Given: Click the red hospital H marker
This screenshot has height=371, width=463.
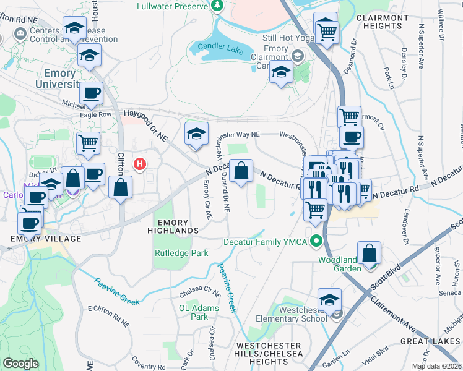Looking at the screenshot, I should click(x=141, y=164).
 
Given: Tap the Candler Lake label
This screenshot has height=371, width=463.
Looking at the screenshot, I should click(x=220, y=48).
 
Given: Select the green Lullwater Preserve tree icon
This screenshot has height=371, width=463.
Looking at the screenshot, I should click(x=217, y=6).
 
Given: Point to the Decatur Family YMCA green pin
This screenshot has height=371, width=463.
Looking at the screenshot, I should click(x=317, y=241).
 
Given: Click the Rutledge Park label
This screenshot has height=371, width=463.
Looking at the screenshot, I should click(x=181, y=253).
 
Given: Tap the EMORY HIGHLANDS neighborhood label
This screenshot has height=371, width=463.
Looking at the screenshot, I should click(x=178, y=226).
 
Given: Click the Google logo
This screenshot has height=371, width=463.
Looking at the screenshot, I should click(x=20, y=364).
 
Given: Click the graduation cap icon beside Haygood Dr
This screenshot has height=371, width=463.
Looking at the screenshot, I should click(x=196, y=134).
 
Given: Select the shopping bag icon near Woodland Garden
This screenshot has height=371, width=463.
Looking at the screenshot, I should click(x=369, y=253).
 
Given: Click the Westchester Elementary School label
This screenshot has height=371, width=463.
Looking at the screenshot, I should click(x=294, y=314).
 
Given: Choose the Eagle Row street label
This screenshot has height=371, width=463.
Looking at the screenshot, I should click(x=95, y=114).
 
